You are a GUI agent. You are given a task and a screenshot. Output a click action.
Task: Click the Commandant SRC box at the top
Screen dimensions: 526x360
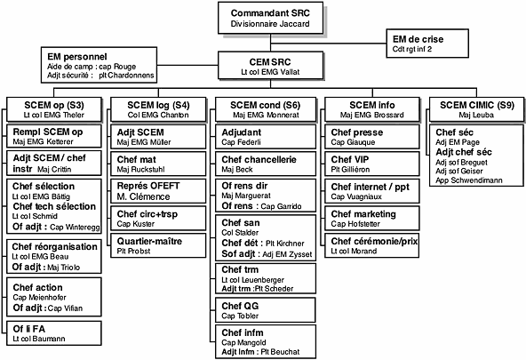[x=270, y=18]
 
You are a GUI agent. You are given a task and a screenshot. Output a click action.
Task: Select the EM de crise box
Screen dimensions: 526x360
[x=427, y=44]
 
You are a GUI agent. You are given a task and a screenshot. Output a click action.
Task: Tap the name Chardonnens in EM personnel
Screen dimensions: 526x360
[x=131, y=76]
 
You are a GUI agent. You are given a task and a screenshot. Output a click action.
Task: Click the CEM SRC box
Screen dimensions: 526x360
[x=270, y=66]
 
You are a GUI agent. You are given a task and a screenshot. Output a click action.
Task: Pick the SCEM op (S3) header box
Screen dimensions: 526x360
[x=54, y=109]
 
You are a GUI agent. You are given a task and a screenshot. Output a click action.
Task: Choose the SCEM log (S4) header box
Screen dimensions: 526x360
[x=158, y=109]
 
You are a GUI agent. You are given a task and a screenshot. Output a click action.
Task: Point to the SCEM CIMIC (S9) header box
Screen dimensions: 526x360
[x=476, y=109]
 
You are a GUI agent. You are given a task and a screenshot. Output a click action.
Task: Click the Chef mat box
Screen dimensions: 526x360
[x=158, y=164]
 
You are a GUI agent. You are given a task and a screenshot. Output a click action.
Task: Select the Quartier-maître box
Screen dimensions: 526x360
[x=158, y=245]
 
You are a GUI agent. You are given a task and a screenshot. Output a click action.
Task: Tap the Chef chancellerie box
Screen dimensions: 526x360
[x=266, y=164]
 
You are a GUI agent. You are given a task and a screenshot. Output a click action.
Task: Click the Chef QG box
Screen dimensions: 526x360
[x=266, y=310]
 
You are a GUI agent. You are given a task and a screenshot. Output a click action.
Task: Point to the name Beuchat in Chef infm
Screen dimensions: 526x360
[x=285, y=352]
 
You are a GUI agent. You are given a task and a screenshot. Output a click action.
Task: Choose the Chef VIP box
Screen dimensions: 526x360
[x=372, y=164]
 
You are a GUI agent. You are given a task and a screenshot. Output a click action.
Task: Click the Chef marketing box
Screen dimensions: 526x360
[x=372, y=218]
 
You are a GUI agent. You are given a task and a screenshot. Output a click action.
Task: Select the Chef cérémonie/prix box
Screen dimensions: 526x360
[x=372, y=245]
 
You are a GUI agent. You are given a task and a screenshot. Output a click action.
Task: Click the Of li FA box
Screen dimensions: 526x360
[x=54, y=333]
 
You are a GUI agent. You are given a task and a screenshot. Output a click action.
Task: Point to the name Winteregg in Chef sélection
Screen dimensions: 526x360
[x=81, y=228]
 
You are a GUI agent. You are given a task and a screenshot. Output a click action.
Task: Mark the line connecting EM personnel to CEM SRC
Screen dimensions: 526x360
[x=187, y=65]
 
